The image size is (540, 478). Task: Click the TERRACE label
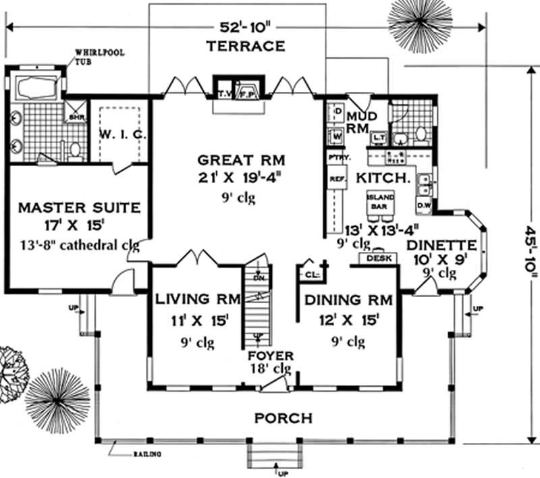tap(245, 47)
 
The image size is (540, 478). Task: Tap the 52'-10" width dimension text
tap(246, 28)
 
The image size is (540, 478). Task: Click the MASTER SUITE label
tap(79, 206)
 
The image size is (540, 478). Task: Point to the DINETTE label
tap(441, 244)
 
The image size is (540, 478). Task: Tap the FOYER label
tap(270, 356)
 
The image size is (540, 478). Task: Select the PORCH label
tap(283, 418)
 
